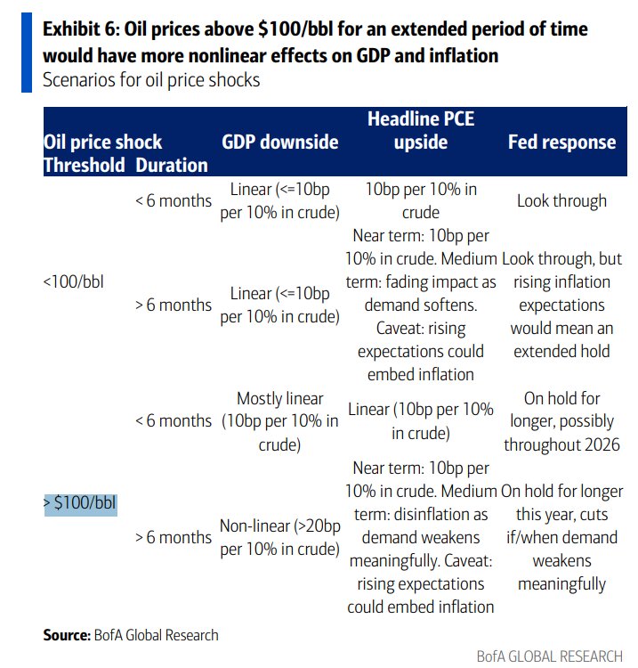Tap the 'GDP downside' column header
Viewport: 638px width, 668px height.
pos(279,143)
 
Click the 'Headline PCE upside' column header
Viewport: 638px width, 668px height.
pos(421,131)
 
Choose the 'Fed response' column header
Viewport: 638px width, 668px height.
pos(561,143)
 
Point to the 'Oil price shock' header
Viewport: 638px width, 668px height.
pos(102,143)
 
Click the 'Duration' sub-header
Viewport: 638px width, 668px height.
pos(172,165)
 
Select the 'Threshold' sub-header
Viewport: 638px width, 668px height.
pos(85,165)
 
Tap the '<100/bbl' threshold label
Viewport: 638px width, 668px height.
pos(75,281)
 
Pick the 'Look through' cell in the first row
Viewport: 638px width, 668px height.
pos(561,200)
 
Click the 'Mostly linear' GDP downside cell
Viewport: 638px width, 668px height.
pos(279,420)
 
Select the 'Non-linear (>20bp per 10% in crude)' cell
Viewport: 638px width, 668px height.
pos(279,538)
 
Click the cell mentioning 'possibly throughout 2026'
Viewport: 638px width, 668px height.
pos(561,420)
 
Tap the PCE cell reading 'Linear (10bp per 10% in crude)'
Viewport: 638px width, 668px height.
pos(421,421)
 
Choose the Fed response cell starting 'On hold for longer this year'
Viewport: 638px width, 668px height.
pos(561,538)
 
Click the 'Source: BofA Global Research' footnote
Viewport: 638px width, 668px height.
pos(131,635)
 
